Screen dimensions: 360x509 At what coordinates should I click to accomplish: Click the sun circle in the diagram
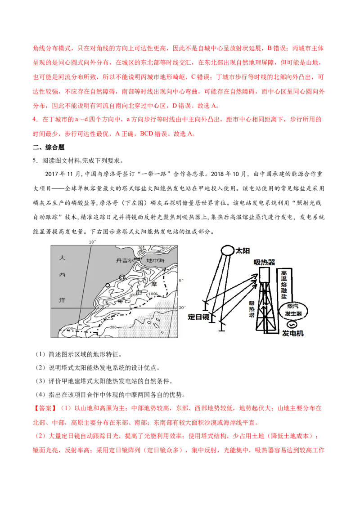tap(227, 250)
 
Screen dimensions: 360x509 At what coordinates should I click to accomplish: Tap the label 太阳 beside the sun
tap(243, 251)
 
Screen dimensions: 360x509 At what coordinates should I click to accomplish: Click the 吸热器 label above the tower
tap(264, 262)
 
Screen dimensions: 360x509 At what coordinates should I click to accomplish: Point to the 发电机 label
tap(292, 333)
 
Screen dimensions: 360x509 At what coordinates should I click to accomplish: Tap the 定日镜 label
tap(198, 317)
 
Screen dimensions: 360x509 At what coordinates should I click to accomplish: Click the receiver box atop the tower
tap(264, 275)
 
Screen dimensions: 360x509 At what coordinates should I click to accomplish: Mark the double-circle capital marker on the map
tap(122, 277)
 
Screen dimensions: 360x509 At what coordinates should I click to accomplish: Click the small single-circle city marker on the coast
tap(108, 286)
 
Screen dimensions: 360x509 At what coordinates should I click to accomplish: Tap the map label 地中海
tap(155, 260)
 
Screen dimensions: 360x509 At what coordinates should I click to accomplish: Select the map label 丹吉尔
tap(125, 260)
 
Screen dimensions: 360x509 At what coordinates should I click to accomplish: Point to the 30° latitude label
tap(182, 308)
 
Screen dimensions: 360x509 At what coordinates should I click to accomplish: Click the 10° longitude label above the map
tap(92, 242)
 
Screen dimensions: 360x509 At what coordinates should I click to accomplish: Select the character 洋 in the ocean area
tap(62, 300)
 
